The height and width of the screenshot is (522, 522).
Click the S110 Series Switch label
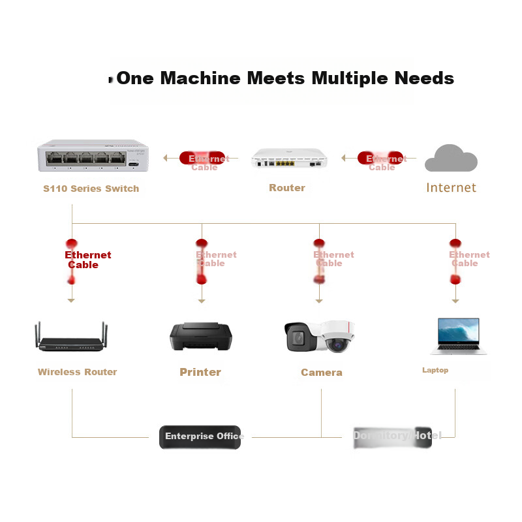coord(91,189)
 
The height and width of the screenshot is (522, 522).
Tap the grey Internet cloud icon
coord(451,159)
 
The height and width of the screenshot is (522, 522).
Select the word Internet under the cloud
coord(451,188)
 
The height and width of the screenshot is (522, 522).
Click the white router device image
coord(288,159)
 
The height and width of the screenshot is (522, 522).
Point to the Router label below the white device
coord(287,188)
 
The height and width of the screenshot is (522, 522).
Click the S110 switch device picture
coord(91,157)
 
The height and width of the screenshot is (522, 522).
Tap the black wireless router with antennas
coord(71,339)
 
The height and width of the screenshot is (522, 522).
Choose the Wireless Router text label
coord(77,372)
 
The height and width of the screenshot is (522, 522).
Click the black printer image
coord(200,337)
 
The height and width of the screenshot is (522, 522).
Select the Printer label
coord(200,372)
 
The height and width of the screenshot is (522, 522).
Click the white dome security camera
coord(338,337)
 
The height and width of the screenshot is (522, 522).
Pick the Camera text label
coord(321,373)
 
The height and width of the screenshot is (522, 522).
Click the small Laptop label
coord(435,370)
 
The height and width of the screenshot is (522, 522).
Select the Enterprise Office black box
coord(200,437)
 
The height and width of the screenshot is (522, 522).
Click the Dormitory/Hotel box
coord(391,436)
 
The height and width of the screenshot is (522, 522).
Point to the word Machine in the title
coord(200,79)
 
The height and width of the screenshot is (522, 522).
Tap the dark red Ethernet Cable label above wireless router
coord(87,260)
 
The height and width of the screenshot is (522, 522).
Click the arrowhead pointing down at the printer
coord(202,301)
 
